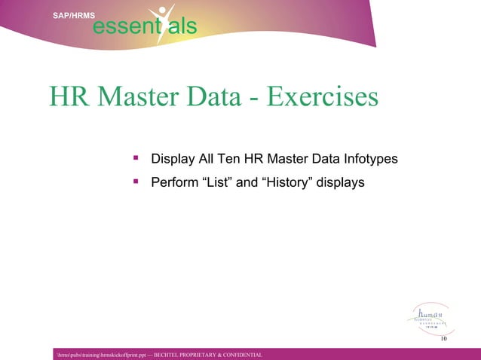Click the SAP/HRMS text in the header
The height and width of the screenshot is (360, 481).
pos(73,14)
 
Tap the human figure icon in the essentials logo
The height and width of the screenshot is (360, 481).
pos(161,23)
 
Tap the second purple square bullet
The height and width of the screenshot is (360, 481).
pos(136,181)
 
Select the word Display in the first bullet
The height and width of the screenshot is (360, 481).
pos(173,160)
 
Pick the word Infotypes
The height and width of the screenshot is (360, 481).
pos(371,160)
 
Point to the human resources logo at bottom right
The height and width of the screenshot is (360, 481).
pos(430,319)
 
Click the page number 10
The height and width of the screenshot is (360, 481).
pos(443,340)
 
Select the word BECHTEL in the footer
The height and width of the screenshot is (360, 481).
pos(170,354)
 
